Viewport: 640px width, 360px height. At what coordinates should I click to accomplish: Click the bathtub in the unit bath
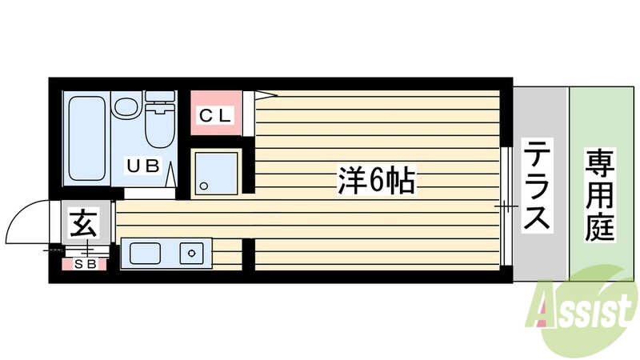click(x=84, y=138)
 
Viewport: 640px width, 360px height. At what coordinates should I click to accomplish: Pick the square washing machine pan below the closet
click(x=217, y=173)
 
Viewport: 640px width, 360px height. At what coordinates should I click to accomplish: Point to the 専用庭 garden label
click(x=600, y=196)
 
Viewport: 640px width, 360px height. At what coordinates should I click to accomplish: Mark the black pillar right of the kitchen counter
click(x=248, y=254)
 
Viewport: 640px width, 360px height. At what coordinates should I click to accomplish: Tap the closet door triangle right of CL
click(x=264, y=97)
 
